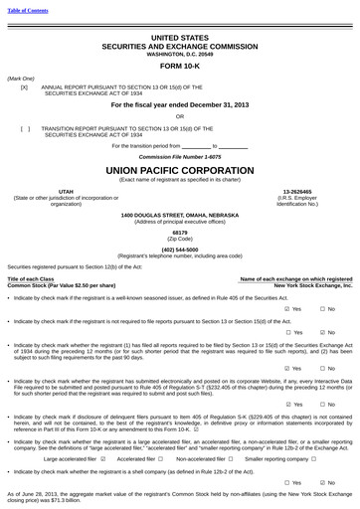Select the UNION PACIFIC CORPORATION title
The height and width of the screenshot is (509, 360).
pyautogui.click(x=180, y=170)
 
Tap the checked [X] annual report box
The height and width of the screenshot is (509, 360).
pyautogui.click(x=24, y=87)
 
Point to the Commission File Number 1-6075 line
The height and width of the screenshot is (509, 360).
pyautogui.click(x=180, y=157)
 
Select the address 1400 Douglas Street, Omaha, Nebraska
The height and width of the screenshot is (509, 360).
pyautogui.click(x=180, y=215)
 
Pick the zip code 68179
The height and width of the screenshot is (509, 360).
pyautogui.click(x=180, y=233)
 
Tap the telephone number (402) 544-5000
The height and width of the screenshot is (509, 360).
pyautogui.click(x=180, y=250)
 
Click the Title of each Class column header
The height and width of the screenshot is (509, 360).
pyautogui.click(x=31, y=279)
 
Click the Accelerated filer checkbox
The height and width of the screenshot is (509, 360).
pyautogui.click(x=162, y=459)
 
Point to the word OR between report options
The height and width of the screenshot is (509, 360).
pyautogui.click(x=180, y=115)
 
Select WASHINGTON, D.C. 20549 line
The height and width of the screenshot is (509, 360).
pyautogui.click(x=180, y=53)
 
